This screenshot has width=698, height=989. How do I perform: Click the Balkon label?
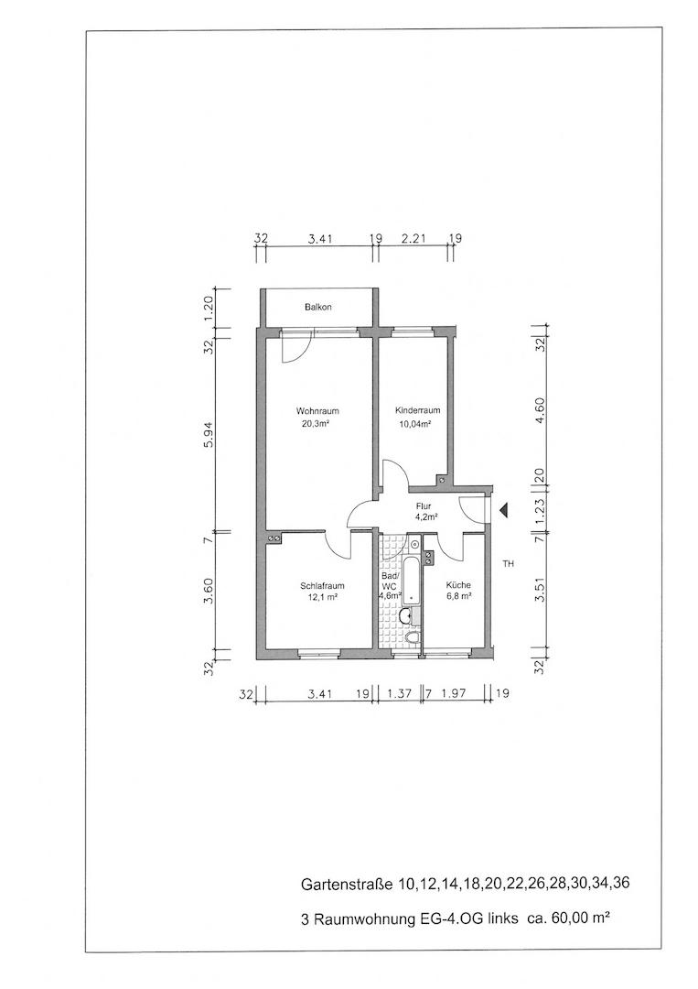[317, 307]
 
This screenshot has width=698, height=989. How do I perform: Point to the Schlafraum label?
[322, 586]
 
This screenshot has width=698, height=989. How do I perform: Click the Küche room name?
[458, 585]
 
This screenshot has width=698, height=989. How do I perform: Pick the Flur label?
[424, 505]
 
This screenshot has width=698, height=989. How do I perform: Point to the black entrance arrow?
[503, 512]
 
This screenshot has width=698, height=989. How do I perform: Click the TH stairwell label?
[509, 564]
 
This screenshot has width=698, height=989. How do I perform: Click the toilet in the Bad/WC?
[413, 639]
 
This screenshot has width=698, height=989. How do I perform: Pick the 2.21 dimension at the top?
[413, 239]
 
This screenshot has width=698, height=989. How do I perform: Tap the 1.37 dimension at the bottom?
[400, 694]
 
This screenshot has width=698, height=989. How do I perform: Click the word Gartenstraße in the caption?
[347, 884]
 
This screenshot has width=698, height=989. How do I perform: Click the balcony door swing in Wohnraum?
[297, 348]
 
